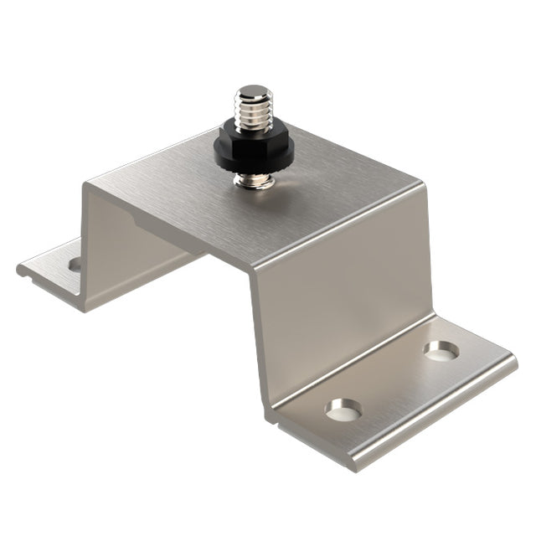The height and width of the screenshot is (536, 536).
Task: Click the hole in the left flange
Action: click(76, 265)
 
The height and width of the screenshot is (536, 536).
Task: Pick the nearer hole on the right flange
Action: click(343, 410)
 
